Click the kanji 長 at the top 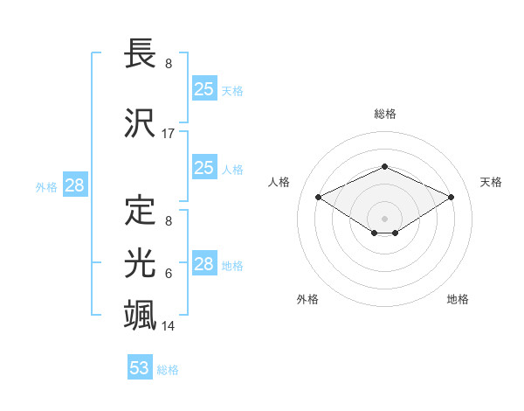point(141,54)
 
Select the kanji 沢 point(141,122)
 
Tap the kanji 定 point(141,212)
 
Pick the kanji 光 point(141,263)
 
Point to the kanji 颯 point(141,315)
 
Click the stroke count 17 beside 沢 point(169,134)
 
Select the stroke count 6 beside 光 point(169,274)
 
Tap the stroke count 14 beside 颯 point(169,326)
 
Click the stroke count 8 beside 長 point(169,64)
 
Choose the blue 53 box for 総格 point(140,368)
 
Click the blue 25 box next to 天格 point(204,88)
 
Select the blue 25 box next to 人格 point(204,168)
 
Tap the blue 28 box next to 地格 point(204,264)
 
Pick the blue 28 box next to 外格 point(74,185)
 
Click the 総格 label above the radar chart point(384,114)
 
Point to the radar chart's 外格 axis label point(307,299)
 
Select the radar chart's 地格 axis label point(458,299)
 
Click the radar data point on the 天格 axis point(451,197)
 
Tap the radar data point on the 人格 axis point(318,197)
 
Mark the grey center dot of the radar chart point(384,217)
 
